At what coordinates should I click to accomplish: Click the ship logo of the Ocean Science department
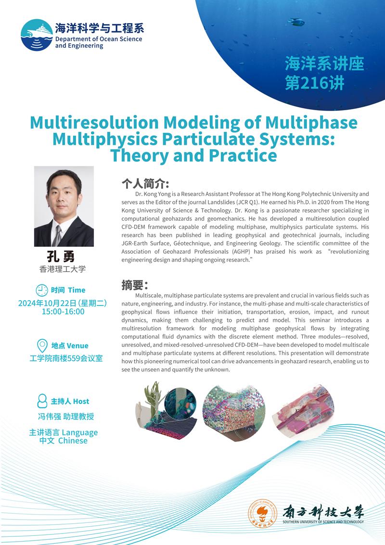[37, 35]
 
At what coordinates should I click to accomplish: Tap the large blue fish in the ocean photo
[296, 22]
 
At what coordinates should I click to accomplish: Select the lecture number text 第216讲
[314, 83]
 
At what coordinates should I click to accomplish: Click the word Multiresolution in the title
[95, 123]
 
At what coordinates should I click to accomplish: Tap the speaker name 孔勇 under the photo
[61, 256]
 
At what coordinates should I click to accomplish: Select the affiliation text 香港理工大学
[63, 269]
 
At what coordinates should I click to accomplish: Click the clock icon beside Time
[42, 290]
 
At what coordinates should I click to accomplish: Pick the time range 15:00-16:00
[63, 312]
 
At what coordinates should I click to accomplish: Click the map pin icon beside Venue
[42, 346]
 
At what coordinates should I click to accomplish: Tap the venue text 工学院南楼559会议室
[66, 358]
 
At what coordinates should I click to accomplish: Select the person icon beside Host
[42, 401]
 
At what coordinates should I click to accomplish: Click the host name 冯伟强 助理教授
[66, 417]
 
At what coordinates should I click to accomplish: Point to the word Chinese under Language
[73, 441]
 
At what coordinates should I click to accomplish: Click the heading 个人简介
[145, 184]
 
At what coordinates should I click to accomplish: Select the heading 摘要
[135, 285]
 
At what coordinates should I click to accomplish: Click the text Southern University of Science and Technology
[323, 522]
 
